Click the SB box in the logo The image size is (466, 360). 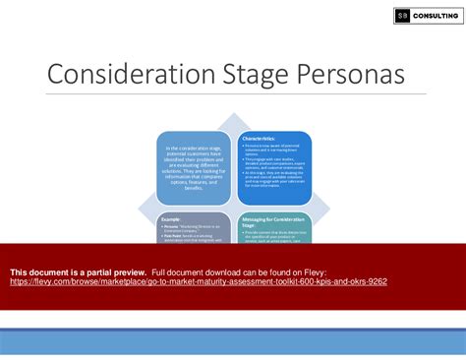click(402, 15)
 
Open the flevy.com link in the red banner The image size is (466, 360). click(197, 281)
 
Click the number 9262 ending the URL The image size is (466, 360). click(376, 281)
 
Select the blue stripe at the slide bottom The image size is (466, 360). click(233, 341)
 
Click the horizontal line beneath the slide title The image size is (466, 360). click(233, 94)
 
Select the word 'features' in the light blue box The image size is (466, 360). click(198, 183)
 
